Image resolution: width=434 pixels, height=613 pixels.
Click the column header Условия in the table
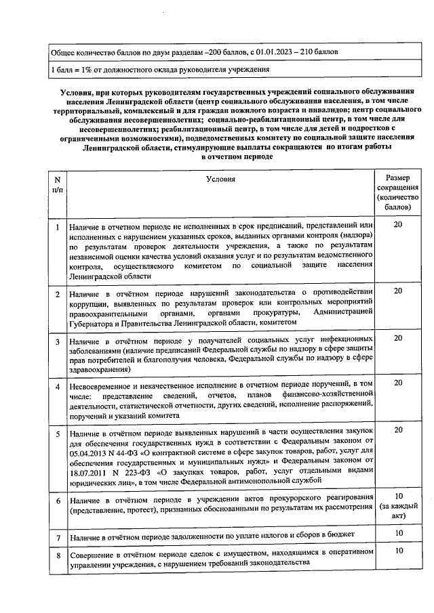click(x=221, y=179)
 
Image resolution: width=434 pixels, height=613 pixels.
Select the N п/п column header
click(x=57, y=184)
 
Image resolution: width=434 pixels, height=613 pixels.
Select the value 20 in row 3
click(x=398, y=338)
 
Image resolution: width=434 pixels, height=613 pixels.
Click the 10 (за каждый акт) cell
click(x=398, y=505)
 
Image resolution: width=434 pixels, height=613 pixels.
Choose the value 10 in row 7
click(x=398, y=533)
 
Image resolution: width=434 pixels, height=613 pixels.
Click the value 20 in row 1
click(x=398, y=224)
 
